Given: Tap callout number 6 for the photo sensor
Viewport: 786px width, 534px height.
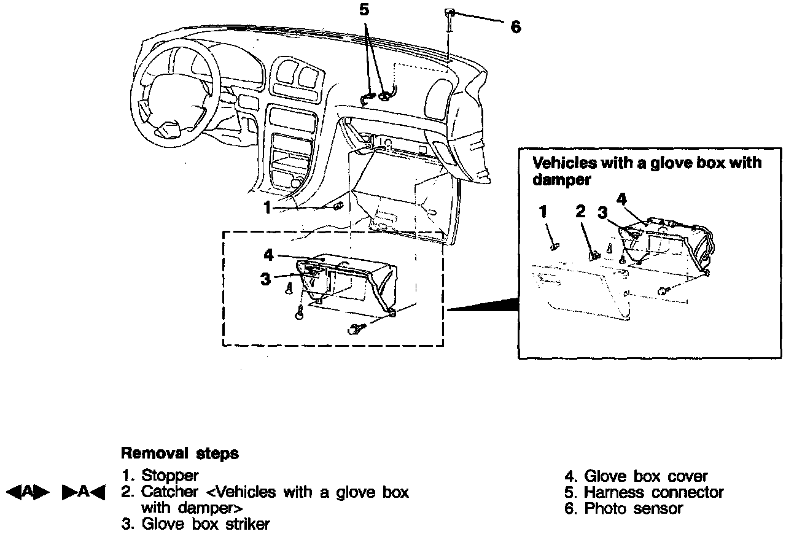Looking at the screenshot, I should tap(516, 27).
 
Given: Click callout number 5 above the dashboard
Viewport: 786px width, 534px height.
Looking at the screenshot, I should tap(364, 10).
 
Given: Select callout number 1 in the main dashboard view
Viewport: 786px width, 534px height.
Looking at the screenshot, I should tap(267, 208).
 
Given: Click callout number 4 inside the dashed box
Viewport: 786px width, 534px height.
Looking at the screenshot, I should tap(268, 254).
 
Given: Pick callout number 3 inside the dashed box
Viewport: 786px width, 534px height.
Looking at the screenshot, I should tap(265, 279).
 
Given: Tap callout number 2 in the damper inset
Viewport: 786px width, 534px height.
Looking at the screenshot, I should tap(580, 212).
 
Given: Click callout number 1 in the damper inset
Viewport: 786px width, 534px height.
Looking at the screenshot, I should tap(543, 212).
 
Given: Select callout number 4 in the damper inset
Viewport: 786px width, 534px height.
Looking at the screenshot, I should tap(621, 199).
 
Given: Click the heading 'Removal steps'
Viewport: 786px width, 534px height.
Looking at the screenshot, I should tap(179, 454).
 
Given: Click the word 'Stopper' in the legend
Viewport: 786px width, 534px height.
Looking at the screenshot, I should tap(170, 476).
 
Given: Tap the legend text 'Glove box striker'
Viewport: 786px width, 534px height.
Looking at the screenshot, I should tap(205, 524).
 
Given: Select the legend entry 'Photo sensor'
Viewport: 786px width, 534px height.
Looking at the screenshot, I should tap(633, 508).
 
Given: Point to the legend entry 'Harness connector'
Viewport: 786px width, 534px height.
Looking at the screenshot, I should tap(653, 492).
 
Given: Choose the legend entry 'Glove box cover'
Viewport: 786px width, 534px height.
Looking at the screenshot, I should tap(645, 476).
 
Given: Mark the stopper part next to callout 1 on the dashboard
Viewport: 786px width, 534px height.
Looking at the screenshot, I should tap(338, 207).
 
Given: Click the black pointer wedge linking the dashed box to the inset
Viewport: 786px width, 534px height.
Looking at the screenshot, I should tap(491, 306).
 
